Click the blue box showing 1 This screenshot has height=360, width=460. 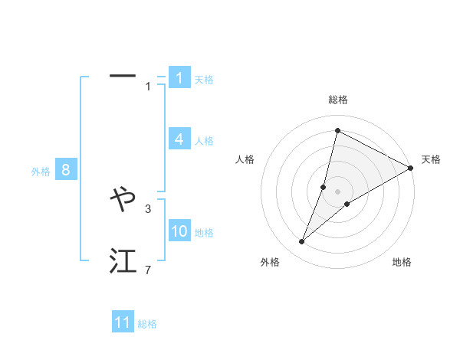pos(179,77)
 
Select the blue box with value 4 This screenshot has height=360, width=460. pos(179,139)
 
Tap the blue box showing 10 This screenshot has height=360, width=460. pos(179,231)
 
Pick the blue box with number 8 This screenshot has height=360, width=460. pos(66,170)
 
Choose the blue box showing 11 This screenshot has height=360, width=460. pos(123,322)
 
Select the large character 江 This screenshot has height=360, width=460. pos(123,261)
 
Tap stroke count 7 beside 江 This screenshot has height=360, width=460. pos(148,270)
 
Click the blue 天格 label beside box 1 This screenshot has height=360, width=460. pos(204,80)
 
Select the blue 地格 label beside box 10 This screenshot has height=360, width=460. pos(204,233)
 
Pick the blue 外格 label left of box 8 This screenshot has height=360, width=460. pos(41,172)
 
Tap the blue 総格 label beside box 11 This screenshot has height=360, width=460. pos(147,325)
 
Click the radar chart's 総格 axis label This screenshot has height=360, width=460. pos(338,100)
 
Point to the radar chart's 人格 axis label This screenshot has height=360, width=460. pos(245,160)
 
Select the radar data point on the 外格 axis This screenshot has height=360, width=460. pos(302,242)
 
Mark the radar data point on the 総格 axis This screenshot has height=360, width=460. pos(337,130)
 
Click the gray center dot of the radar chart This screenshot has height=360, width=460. pos(338,191)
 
